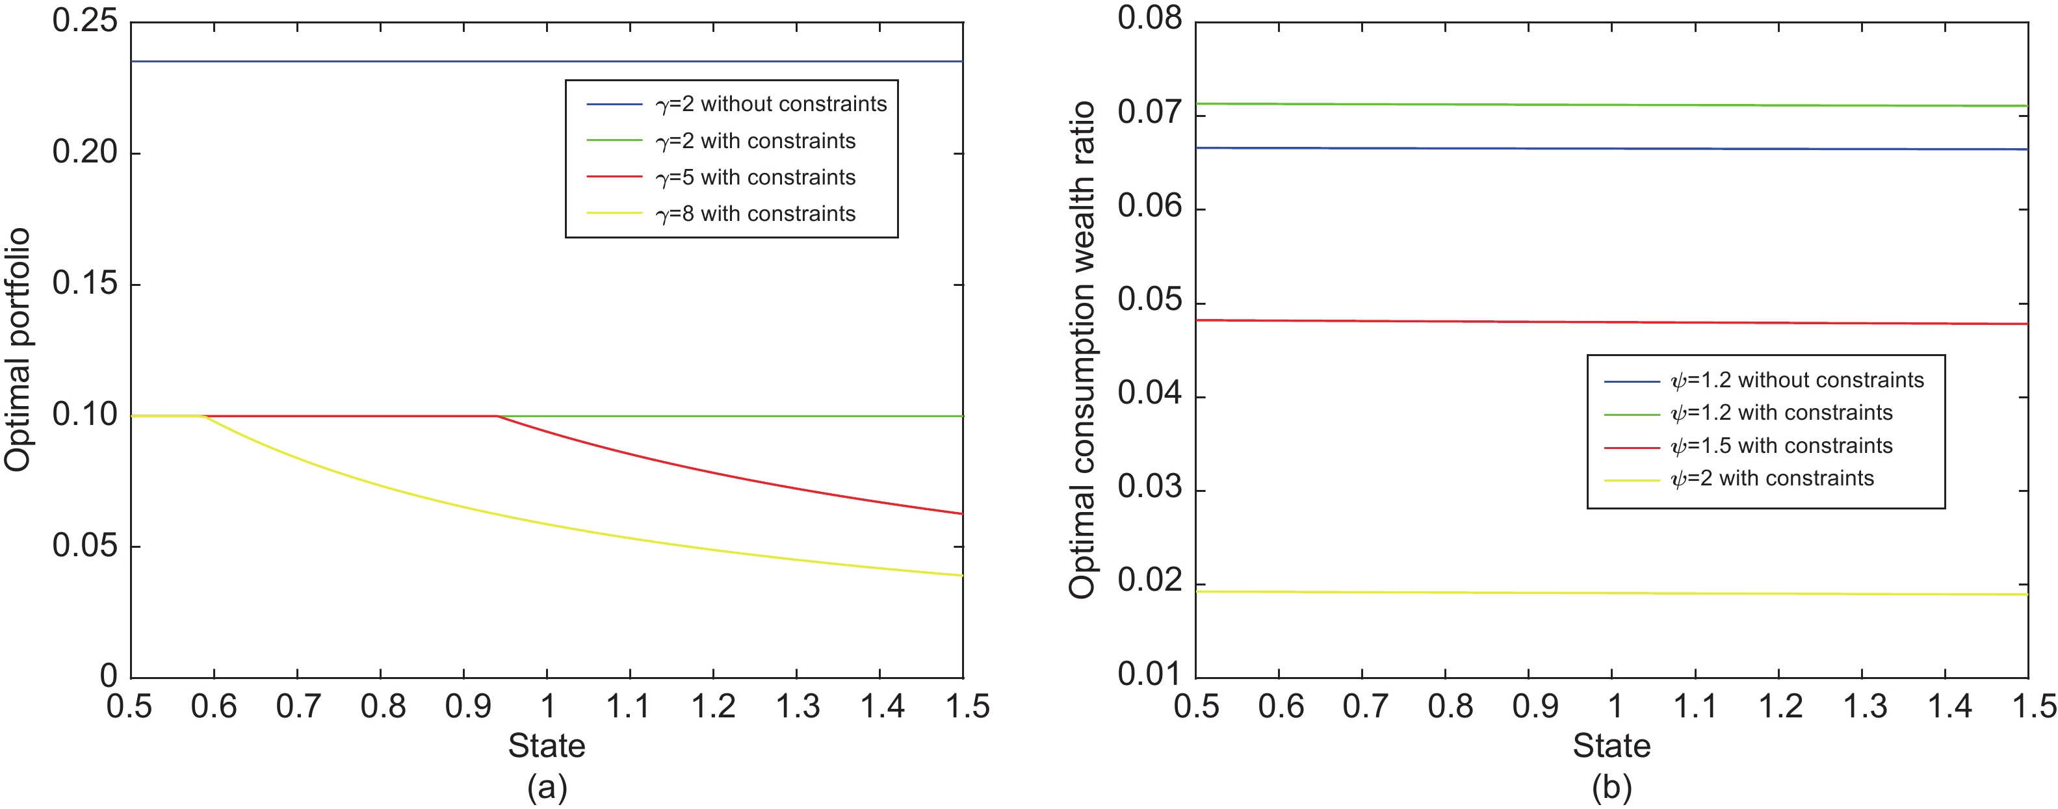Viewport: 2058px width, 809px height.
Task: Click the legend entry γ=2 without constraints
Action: coord(770,105)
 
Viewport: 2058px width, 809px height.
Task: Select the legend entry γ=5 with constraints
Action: coord(755,177)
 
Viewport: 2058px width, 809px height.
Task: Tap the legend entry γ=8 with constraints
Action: coord(755,214)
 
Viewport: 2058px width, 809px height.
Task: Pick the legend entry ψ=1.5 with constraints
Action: coord(1781,446)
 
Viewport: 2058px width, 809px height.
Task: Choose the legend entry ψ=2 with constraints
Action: coord(1771,478)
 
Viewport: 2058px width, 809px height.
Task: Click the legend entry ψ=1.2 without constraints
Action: coord(1797,380)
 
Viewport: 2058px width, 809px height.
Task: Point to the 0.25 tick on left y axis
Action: coord(85,21)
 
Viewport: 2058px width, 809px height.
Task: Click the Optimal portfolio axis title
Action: coord(18,350)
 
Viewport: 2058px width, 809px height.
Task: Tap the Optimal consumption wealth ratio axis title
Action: coord(1082,350)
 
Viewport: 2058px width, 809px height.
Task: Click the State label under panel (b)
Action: coord(1611,746)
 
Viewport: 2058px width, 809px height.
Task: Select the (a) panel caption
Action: coord(547,788)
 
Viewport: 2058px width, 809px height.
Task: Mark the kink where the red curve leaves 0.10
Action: coord(497,416)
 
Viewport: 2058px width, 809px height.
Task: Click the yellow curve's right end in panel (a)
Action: coord(962,575)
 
